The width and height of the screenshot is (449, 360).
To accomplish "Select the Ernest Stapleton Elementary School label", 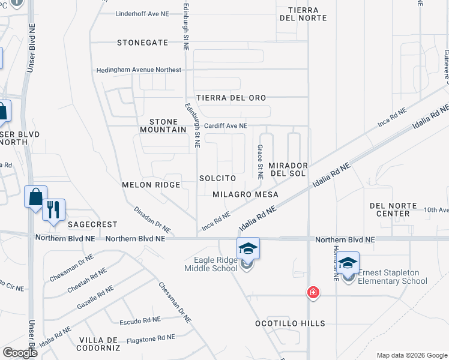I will pyautogui.click(x=393, y=277).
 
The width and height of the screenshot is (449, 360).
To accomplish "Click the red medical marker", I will pyautogui.click(x=313, y=293).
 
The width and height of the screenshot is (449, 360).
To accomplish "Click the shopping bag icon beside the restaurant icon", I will pyautogui.click(x=35, y=196).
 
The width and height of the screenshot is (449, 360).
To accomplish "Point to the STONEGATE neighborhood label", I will pyautogui.click(x=143, y=43).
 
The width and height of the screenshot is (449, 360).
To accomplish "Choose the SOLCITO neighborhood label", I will pyautogui.click(x=217, y=179).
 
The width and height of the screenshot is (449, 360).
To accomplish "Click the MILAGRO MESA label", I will pyautogui.click(x=246, y=194).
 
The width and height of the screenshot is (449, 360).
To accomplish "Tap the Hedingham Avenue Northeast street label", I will pyautogui.click(x=139, y=70).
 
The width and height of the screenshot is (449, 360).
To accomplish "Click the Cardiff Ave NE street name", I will pyautogui.click(x=226, y=126).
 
